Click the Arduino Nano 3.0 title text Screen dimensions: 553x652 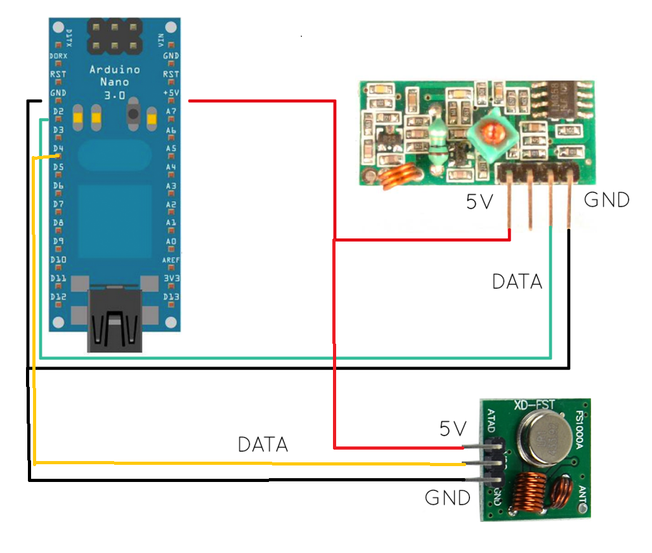click(114, 82)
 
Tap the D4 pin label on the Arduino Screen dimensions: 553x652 click(58, 149)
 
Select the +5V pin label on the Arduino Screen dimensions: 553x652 click(171, 93)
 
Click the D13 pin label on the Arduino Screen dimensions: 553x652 click(171, 297)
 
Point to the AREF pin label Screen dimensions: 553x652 click(170, 260)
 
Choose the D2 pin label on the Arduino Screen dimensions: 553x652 click(58, 112)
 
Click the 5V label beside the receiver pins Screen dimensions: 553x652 click(480, 202)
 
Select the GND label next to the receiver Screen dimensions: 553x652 click(606, 200)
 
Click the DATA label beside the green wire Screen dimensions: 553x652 click(517, 282)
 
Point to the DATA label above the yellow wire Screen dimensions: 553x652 click(263, 445)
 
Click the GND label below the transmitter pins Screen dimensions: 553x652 click(447, 497)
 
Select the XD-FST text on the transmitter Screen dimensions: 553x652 click(534, 404)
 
